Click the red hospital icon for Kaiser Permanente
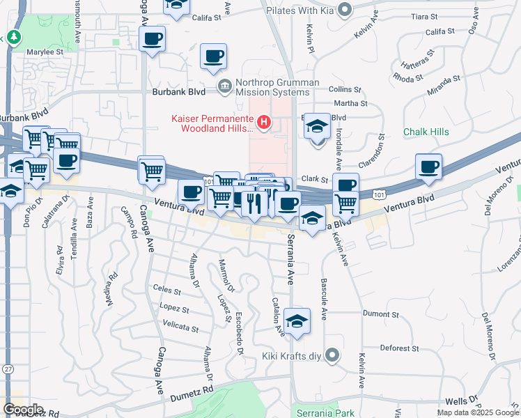pyautogui.click(x=264, y=123)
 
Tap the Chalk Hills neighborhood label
pyautogui.click(x=426, y=132)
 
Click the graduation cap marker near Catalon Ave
pyautogui.click(x=297, y=320)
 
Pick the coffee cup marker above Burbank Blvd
pyautogui.click(x=213, y=56)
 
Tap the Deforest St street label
pyautogui.click(x=399, y=348)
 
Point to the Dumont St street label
pyautogui.click(x=380, y=314)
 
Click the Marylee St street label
pyautogui.click(x=45, y=52)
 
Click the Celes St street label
pyautogui.click(x=166, y=289)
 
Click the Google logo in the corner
pyautogui.click(x=23, y=410)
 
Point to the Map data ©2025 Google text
pyautogui.click(x=477, y=412)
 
